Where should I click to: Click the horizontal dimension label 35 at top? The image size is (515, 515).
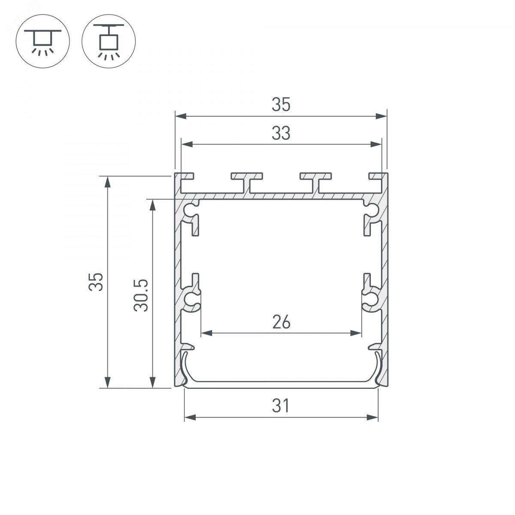(281, 104)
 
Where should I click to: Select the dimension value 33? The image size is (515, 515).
(281, 133)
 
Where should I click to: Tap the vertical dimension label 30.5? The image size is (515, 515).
(141, 295)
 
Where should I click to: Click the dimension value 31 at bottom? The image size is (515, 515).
(280, 406)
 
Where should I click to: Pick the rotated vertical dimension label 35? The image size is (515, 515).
(96, 282)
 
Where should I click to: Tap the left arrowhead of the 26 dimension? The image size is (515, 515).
(206, 333)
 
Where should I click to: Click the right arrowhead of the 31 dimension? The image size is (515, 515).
(373, 418)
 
